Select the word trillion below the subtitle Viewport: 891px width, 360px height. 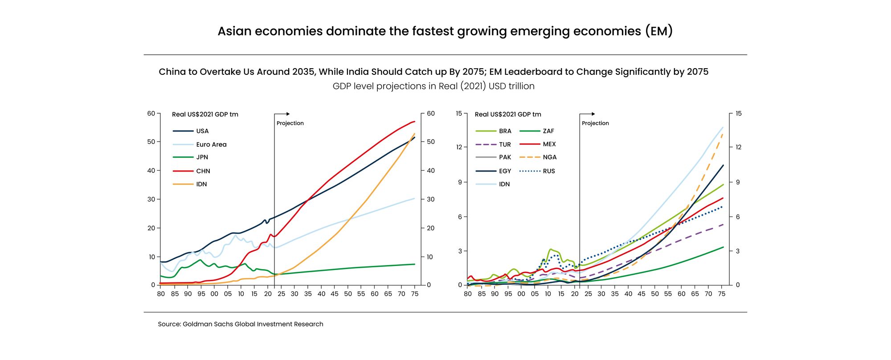[x=520, y=86]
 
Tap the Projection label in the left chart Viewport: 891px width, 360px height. [x=290, y=123]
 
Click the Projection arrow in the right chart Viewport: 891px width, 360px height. [x=588, y=114]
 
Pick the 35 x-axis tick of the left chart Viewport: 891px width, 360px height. [x=308, y=294]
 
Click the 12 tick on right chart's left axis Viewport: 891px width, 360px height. [x=458, y=147]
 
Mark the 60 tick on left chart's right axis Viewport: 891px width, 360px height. [x=430, y=114]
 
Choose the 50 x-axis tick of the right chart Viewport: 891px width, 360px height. [x=654, y=294]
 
